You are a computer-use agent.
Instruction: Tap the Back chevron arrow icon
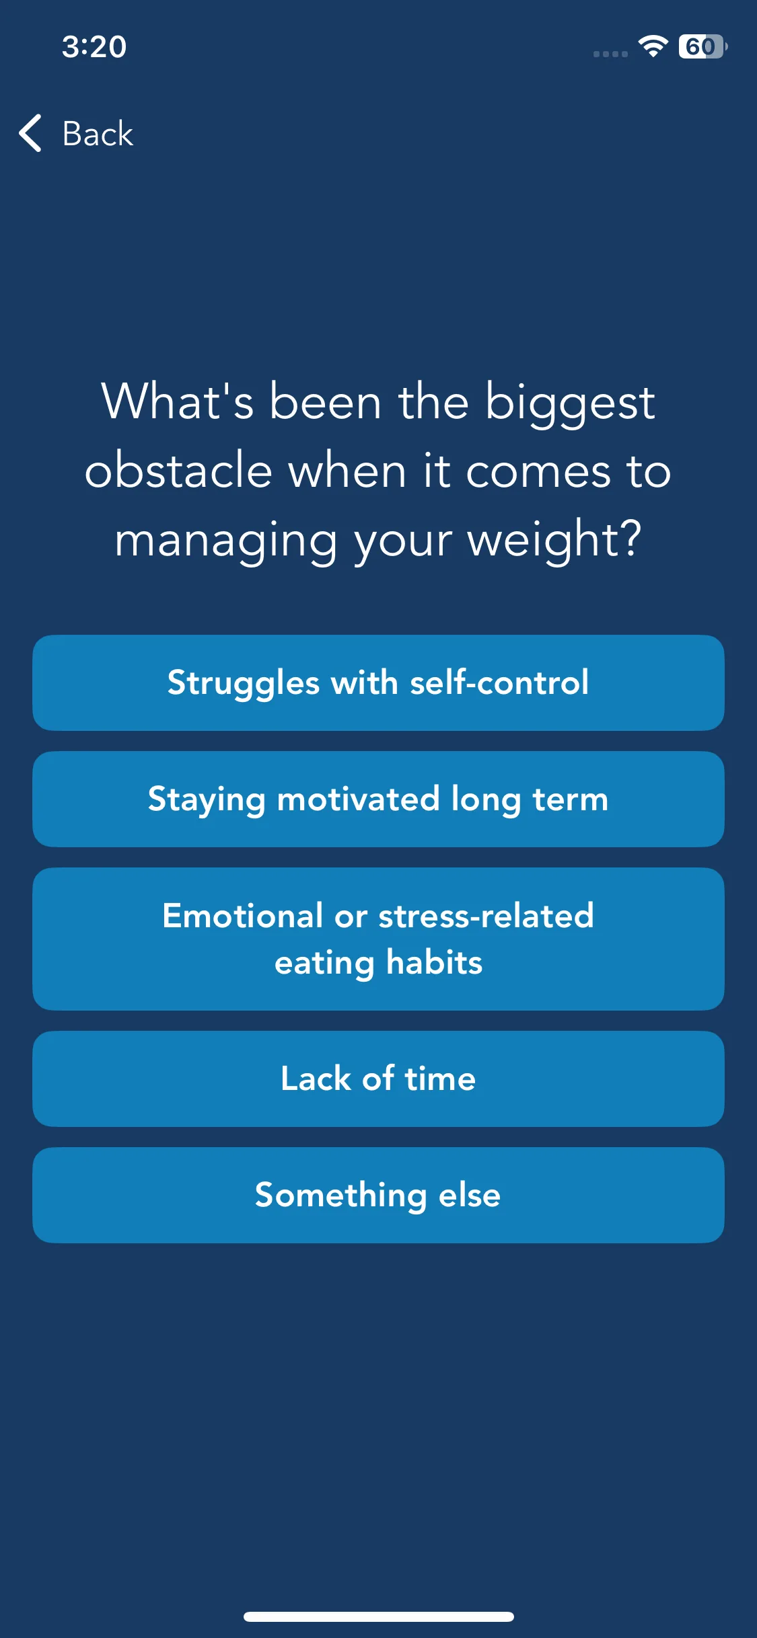30,133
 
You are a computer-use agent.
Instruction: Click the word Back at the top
98,133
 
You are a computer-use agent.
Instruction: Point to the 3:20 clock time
94,46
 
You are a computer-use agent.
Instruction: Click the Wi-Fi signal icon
653,46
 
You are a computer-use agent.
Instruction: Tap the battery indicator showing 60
702,46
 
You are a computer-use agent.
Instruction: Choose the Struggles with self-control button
378,682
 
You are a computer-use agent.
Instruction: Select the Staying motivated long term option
378,799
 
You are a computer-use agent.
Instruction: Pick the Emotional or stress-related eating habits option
378,939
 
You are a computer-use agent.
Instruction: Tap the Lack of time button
378,1079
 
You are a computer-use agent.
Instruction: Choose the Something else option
378,1195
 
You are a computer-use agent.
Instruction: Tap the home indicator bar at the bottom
378,1616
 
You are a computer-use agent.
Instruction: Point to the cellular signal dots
610,54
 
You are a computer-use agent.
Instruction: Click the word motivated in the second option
358,799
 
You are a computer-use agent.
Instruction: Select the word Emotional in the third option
243,915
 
